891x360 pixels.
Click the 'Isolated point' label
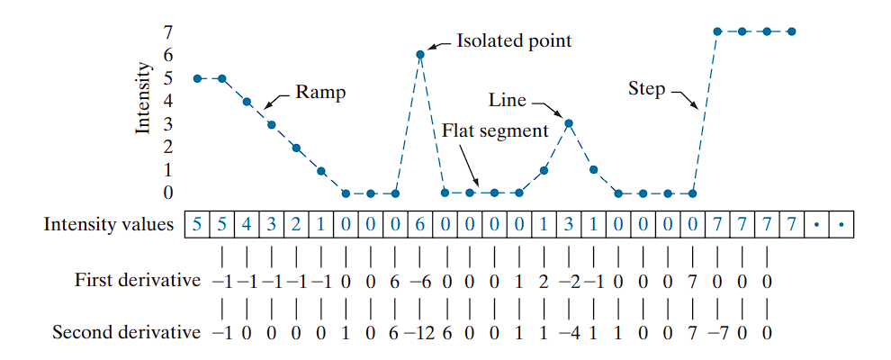coord(514,40)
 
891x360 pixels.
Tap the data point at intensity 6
coord(420,54)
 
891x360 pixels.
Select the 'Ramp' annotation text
coord(320,92)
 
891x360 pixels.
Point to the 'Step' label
coord(646,88)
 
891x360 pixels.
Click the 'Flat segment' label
coord(495,131)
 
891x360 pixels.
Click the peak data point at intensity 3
coord(569,122)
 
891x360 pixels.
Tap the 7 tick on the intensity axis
coord(168,31)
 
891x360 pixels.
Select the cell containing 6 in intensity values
coord(420,224)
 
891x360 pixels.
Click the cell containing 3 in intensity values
coord(569,224)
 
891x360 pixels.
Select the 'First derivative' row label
coord(138,280)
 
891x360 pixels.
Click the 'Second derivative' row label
coord(126,333)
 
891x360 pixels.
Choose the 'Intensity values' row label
coord(109,224)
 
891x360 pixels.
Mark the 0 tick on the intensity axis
coord(168,193)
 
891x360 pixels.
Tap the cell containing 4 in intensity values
coord(247,224)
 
